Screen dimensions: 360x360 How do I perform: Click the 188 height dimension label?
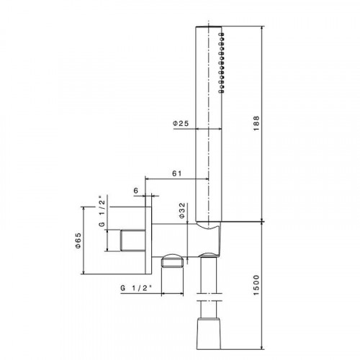click(256, 123)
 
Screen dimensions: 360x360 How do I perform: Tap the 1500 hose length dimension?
click(256, 285)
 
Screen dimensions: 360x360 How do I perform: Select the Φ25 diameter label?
click(181, 123)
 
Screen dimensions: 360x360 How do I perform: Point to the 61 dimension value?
click(177, 174)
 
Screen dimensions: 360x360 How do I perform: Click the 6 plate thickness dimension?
click(136, 191)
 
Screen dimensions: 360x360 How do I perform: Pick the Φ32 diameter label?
click(182, 210)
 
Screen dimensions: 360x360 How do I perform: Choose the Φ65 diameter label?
click(78, 240)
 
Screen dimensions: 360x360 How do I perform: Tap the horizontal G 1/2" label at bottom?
click(136, 288)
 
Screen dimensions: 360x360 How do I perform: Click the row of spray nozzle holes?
click(222, 63)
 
